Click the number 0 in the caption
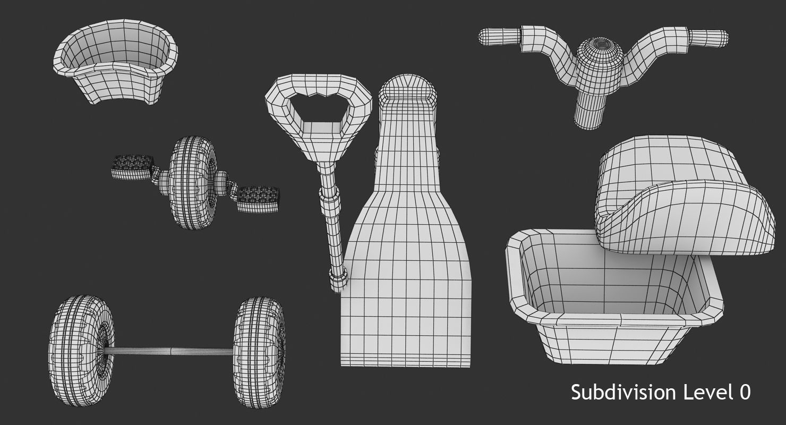coord(745,392)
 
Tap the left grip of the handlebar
coord(498,36)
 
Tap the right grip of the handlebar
coord(709,38)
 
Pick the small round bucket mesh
coord(115,63)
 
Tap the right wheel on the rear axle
coord(260,352)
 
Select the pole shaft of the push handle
coord(335,234)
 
